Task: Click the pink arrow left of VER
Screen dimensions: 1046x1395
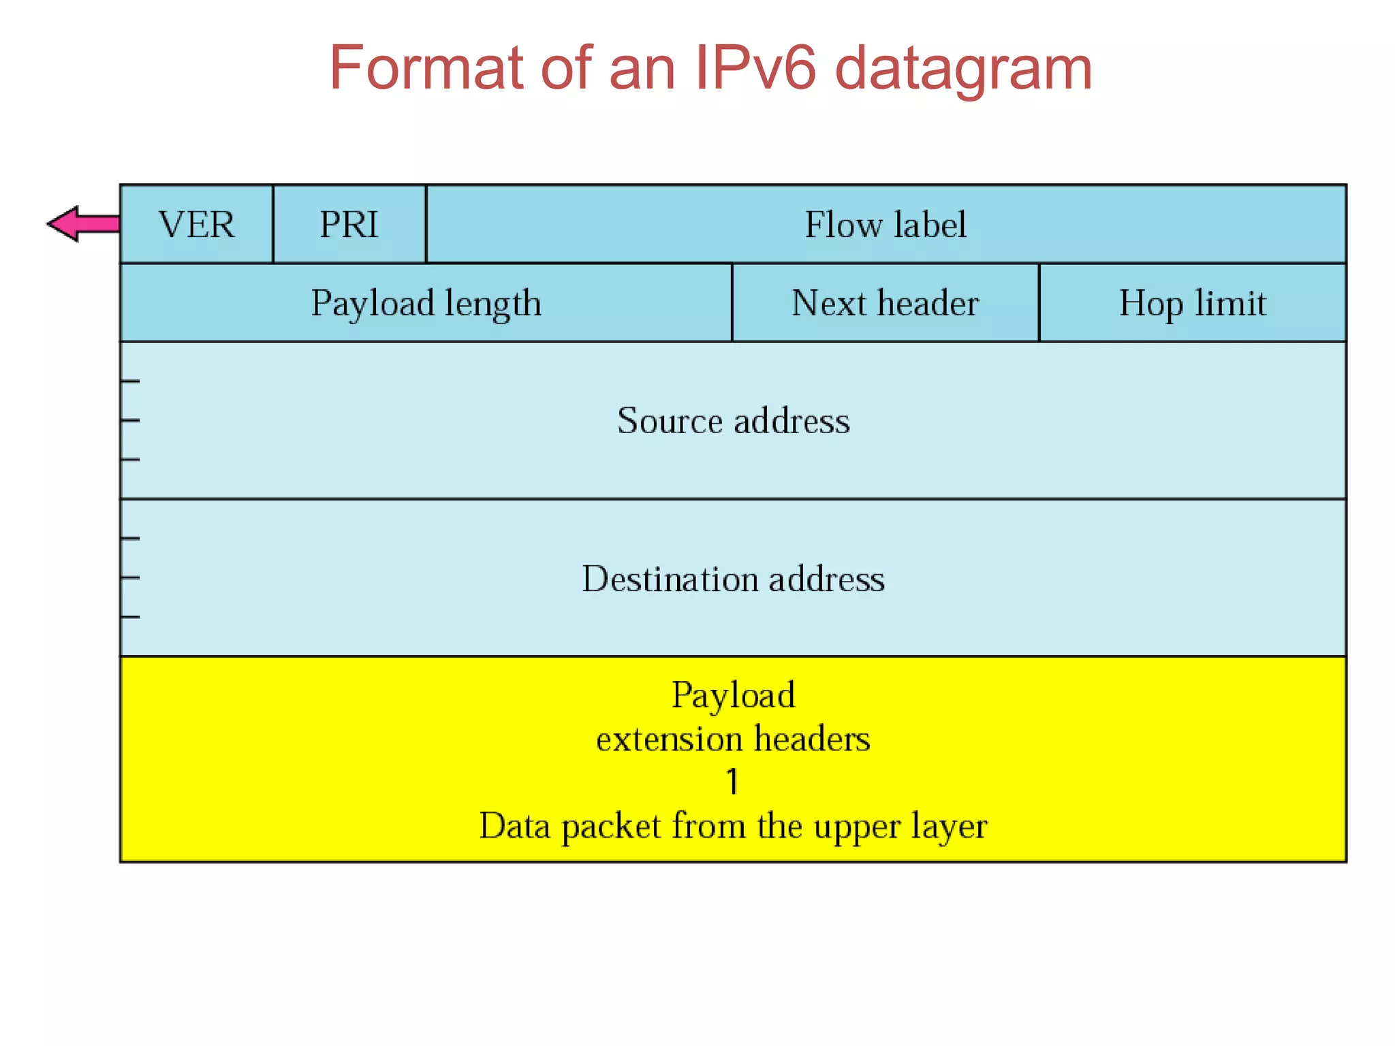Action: [x=82, y=224]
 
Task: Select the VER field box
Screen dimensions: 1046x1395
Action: [x=196, y=224]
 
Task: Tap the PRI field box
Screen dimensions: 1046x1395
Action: [x=349, y=224]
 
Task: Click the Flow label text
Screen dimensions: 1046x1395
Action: [x=885, y=224]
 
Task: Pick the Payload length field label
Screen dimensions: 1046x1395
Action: [x=426, y=303]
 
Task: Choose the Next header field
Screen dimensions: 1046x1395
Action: [x=885, y=303]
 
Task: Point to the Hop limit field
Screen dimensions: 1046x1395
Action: [x=1192, y=303]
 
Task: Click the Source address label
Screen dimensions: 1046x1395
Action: [x=734, y=420]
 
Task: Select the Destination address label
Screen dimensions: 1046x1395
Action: [x=734, y=578]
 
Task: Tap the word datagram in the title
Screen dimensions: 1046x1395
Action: [x=963, y=67]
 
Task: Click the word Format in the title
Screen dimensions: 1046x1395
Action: [x=426, y=67]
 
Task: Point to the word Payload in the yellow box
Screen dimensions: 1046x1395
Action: [x=734, y=695]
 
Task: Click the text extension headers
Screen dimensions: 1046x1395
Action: [x=734, y=739]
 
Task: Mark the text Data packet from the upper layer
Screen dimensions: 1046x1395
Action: [x=734, y=826]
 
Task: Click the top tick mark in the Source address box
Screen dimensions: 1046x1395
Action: [x=130, y=381]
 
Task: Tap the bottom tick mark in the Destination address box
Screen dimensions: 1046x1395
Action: [x=130, y=617]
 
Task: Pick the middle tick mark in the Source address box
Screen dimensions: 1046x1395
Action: [x=130, y=421]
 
